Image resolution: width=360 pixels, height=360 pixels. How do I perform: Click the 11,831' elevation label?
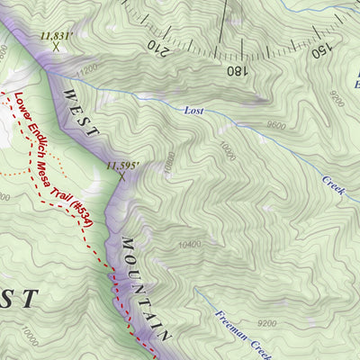(55, 37)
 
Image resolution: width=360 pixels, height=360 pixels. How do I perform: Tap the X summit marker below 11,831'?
(56, 48)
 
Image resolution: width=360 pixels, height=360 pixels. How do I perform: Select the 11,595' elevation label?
(123, 166)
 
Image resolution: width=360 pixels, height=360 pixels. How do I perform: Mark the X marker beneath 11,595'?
(121, 176)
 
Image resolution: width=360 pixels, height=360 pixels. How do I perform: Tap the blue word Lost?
(193, 111)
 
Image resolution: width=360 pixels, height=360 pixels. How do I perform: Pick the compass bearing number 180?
(236, 69)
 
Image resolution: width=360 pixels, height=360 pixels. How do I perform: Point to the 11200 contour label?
(87, 68)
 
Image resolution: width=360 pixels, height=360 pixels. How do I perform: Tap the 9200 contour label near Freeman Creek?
(266, 322)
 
